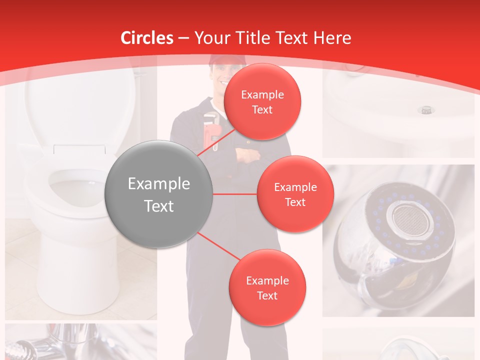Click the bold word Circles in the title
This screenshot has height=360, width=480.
[x=147, y=37]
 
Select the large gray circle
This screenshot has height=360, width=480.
[x=159, y=194]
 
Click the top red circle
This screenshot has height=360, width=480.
[x=262, y=101]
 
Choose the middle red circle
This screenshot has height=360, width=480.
[x=295, y=194]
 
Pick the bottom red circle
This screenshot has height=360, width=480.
[x=267, y=287]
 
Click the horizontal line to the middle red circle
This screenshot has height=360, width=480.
[x=235, y=194]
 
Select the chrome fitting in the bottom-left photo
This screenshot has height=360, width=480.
[x=25, y=347]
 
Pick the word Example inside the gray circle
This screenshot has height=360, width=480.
[x=159, y=184]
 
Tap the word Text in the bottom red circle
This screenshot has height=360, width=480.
[x=267, y=295]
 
